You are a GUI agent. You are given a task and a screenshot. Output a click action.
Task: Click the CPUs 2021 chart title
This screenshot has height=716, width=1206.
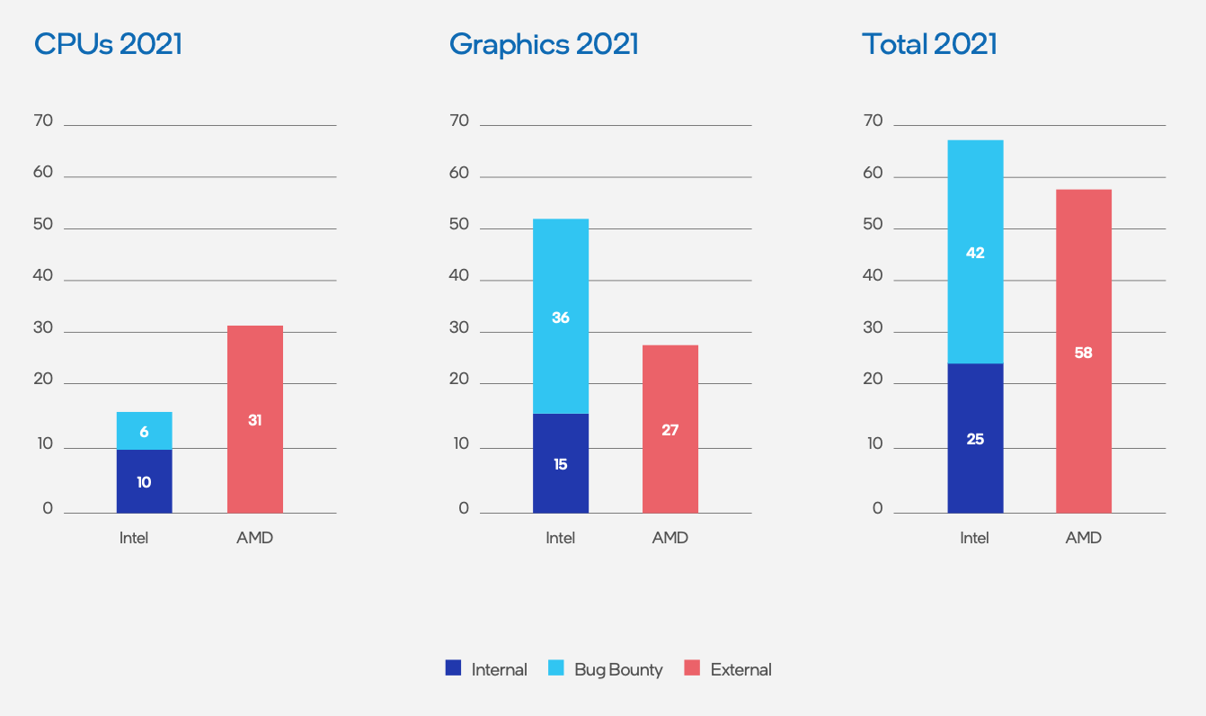click(108, 44)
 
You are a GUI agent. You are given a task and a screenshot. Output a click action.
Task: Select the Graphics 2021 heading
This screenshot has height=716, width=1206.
click(544, 44)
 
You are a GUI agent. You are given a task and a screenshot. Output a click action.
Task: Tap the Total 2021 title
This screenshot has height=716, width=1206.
click(929, 44)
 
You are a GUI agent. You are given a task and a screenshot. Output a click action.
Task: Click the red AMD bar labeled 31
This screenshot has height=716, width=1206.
click(255, 419)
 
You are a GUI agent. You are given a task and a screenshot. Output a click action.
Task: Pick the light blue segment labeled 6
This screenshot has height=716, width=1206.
click(144, 431)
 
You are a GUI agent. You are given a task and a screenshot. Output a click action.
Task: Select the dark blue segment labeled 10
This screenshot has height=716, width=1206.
click(144, 481)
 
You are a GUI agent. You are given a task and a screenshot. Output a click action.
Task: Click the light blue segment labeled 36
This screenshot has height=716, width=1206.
click(561, 317)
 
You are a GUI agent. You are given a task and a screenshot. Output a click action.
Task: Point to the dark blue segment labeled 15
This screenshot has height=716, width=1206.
click(561, 464)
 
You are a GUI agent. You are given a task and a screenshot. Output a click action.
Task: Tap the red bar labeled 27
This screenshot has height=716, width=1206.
click(670, 429)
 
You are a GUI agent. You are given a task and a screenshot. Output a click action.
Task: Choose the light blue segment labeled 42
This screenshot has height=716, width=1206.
click(975, 253)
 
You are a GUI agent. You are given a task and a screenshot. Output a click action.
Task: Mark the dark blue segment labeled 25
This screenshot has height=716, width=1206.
click(975, 439)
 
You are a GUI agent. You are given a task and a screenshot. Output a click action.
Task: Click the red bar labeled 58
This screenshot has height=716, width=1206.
click(1084, 352)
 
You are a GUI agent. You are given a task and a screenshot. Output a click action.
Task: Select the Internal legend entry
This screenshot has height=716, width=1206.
click(486, 669)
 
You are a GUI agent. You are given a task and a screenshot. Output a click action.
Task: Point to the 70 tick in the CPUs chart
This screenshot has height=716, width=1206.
click(43, 121)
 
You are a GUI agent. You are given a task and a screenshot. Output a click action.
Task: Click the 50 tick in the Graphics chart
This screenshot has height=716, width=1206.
click(459, 224)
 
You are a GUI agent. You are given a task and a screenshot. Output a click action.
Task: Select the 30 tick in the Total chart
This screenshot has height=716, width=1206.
click(873, 328)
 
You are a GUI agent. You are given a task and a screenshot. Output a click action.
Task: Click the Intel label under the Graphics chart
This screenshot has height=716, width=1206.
click(560, 538)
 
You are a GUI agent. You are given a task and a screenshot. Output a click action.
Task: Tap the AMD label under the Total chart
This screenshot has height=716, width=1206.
click(1083, 538)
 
